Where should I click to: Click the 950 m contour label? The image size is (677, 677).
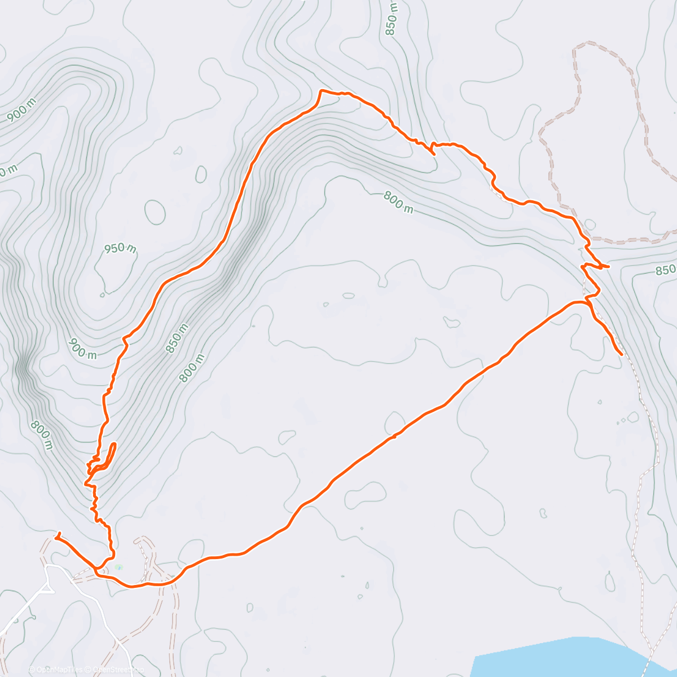(x=121, y=248)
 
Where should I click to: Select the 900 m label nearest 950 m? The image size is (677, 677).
(x=83, y=349)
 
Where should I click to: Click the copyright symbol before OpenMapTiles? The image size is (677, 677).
(x=32, y=670)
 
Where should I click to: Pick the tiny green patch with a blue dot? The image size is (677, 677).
(x=118, y=566)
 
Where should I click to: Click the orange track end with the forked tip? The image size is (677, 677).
(x=57, y=535)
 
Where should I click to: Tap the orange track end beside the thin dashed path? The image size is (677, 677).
(x=621, y=354)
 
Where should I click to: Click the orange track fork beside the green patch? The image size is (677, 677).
(x=97, y=570)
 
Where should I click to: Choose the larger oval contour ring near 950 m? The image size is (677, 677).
(x=155, y=212)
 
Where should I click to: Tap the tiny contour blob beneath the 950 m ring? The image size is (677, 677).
(x=102, y=294)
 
